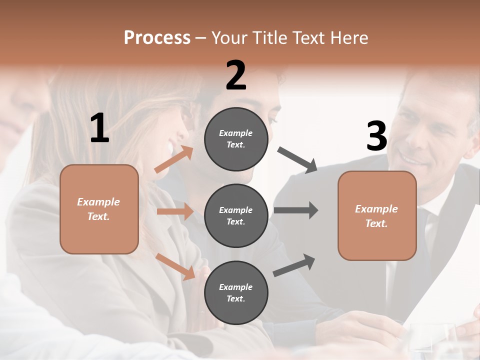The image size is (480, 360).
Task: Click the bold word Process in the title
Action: [x=157, y=37]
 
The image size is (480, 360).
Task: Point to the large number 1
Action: [x=99, y=128]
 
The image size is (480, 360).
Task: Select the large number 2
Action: [x=236, y=75]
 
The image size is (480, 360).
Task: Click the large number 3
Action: [x=376, y=136]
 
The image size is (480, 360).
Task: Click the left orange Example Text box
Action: [x=99, y=209]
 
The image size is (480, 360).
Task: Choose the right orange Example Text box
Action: [x=377, y=216]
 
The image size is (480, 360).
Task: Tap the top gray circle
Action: [x=236, y=139]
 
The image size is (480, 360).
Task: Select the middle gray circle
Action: [x=236, y=216]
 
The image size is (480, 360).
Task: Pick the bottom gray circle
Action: [x=236, y=293]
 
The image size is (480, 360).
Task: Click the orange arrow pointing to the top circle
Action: [x=174, y=159]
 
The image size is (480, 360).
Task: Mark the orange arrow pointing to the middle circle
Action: [x=175, y=211]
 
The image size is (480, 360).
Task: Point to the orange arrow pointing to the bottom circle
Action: [x=175, y=266]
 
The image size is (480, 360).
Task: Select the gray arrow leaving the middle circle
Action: [x=296, y=210]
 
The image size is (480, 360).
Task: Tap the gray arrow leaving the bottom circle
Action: [x=294, y=265]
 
